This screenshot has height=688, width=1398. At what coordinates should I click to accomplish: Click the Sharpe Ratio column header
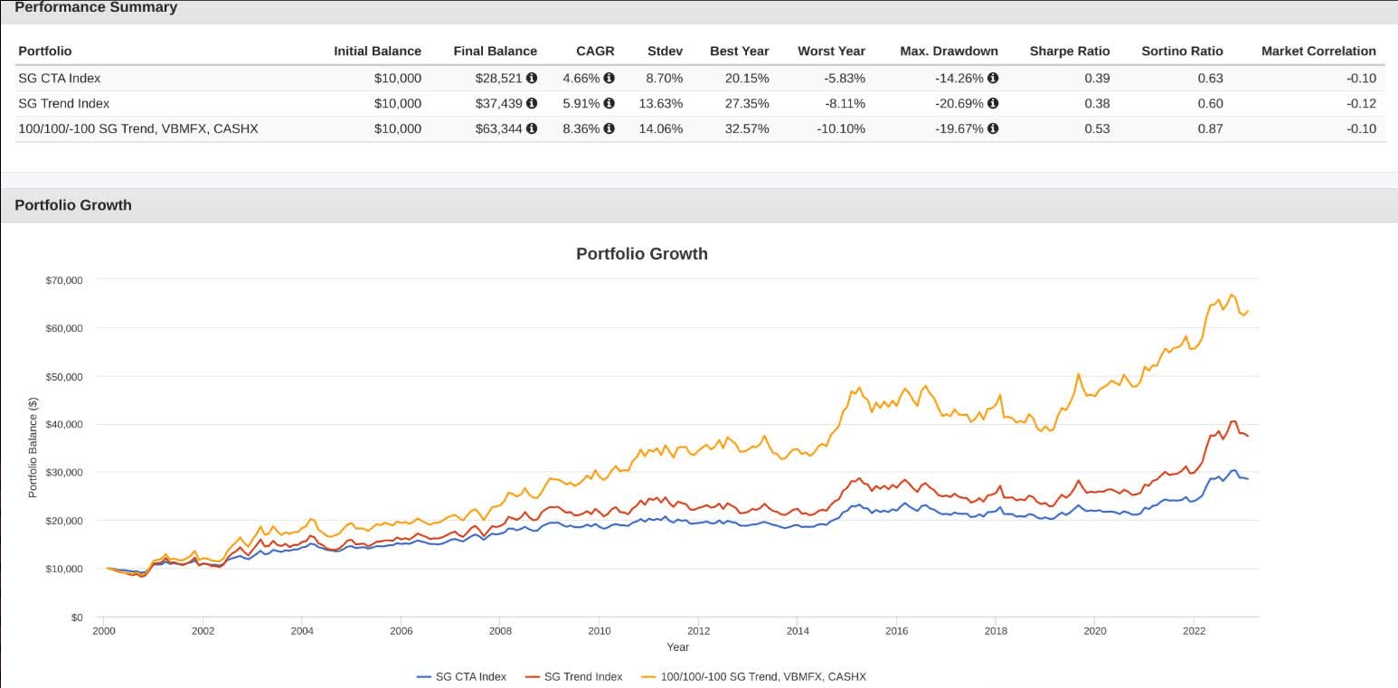click(1069, 51)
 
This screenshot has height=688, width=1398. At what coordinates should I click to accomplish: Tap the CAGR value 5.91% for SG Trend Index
click(581, 103)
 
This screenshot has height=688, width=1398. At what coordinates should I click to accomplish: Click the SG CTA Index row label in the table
click(59, 78)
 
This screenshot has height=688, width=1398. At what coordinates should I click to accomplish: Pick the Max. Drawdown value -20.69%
click(959, 103)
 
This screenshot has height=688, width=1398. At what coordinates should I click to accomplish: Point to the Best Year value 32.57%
click(746, 128)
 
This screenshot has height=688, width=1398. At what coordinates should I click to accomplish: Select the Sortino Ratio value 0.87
click(1210, 128)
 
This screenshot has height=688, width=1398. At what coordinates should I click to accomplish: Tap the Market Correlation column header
click(1318, 51)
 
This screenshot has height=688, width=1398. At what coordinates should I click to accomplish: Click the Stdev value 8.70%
click(664, 78)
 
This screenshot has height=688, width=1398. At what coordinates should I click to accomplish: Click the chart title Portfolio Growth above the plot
click(641, 254)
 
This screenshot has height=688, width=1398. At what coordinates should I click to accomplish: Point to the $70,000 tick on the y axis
click(64, 280)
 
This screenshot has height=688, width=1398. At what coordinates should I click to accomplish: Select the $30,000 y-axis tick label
click(64, 473)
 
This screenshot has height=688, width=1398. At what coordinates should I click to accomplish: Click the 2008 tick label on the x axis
click(500, 631)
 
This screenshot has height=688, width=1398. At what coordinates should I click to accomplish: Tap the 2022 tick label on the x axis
click(1194, 631)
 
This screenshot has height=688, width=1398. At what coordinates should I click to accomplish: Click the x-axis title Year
click(677, 647)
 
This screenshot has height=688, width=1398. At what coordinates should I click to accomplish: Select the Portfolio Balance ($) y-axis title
click(33, 448)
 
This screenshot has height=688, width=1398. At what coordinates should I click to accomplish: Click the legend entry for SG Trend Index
click(582, 676)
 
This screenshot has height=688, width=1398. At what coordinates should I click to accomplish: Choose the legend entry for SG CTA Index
click(470, 676)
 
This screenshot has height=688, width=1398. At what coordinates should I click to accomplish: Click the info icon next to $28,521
click(532, 78)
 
